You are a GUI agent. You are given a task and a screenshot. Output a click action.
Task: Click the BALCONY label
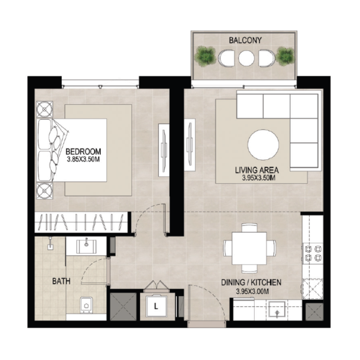[x=245, y=40]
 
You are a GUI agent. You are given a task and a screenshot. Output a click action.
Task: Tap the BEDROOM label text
[x=83, y=151]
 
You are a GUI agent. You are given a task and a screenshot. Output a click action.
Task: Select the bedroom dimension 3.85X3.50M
[x=83, y=159]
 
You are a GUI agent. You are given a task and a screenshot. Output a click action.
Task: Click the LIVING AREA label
[x=257, y=170]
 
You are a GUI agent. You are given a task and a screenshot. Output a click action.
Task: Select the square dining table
[x=250, y=248]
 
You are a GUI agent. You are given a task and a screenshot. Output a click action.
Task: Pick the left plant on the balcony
[x=205, y=56]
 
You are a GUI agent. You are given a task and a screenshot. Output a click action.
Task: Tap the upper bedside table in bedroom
[x=45, y=110]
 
